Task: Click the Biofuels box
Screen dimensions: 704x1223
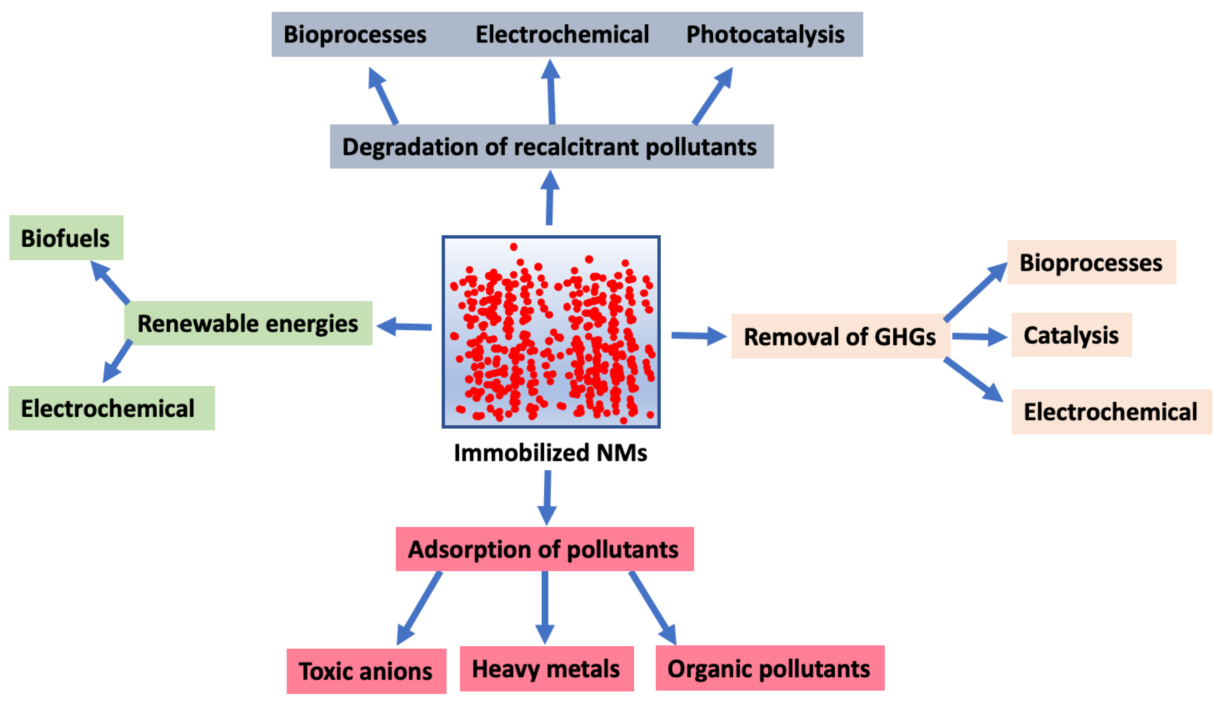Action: click(66, 238)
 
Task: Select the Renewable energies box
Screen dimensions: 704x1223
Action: click(248, 323)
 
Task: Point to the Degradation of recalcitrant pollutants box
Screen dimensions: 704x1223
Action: click(551, 146)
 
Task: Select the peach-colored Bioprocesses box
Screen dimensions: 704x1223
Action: click(1091, 262)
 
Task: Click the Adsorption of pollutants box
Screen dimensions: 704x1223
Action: click(544, 549)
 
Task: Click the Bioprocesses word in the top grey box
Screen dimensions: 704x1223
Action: click(355, 34)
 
